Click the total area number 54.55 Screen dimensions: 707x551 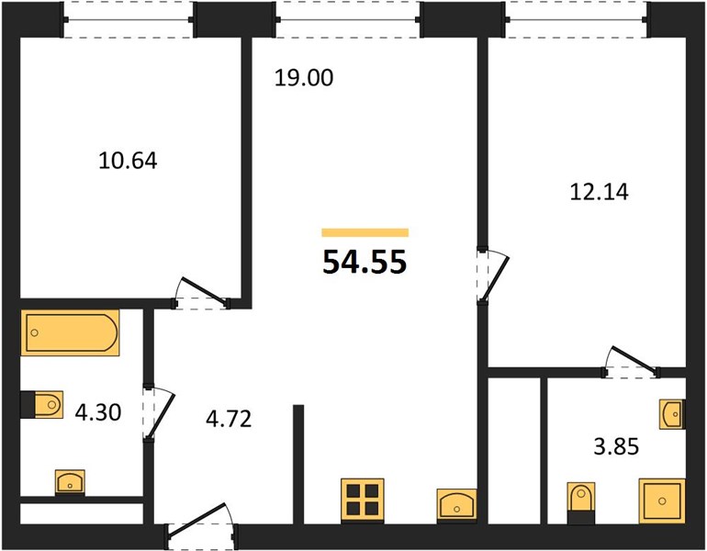tap(365, 262)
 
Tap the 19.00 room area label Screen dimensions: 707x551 tap(304, 77)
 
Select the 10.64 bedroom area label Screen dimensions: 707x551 tap(128, 161)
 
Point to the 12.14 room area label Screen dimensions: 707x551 tap(600, 192)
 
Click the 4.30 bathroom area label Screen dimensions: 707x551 tap(98, 412)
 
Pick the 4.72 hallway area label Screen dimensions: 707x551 tap(229, 419)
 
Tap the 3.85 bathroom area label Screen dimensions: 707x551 tap(616, 447)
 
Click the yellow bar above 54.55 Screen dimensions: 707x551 tap(365, 232)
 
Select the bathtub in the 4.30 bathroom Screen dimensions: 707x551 tap(70, 332)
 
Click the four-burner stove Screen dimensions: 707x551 tap(363, 500)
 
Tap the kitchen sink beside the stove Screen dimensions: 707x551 tap(456, 505)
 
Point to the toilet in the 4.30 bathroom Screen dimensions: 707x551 tap(42, 404)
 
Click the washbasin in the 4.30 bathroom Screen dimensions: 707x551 tap(70, 482)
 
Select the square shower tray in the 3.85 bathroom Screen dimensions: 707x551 tap(662, 500)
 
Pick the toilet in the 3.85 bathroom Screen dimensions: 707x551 tap(581, 502)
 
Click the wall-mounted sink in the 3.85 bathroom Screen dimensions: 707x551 tap(672, 414)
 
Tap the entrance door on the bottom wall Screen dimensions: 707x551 tap(201, 526)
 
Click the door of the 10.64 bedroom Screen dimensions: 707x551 tap(202, 293)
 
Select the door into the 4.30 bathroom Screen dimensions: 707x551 tap(158, 412)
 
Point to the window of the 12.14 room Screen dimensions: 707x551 tap(578, 20)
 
